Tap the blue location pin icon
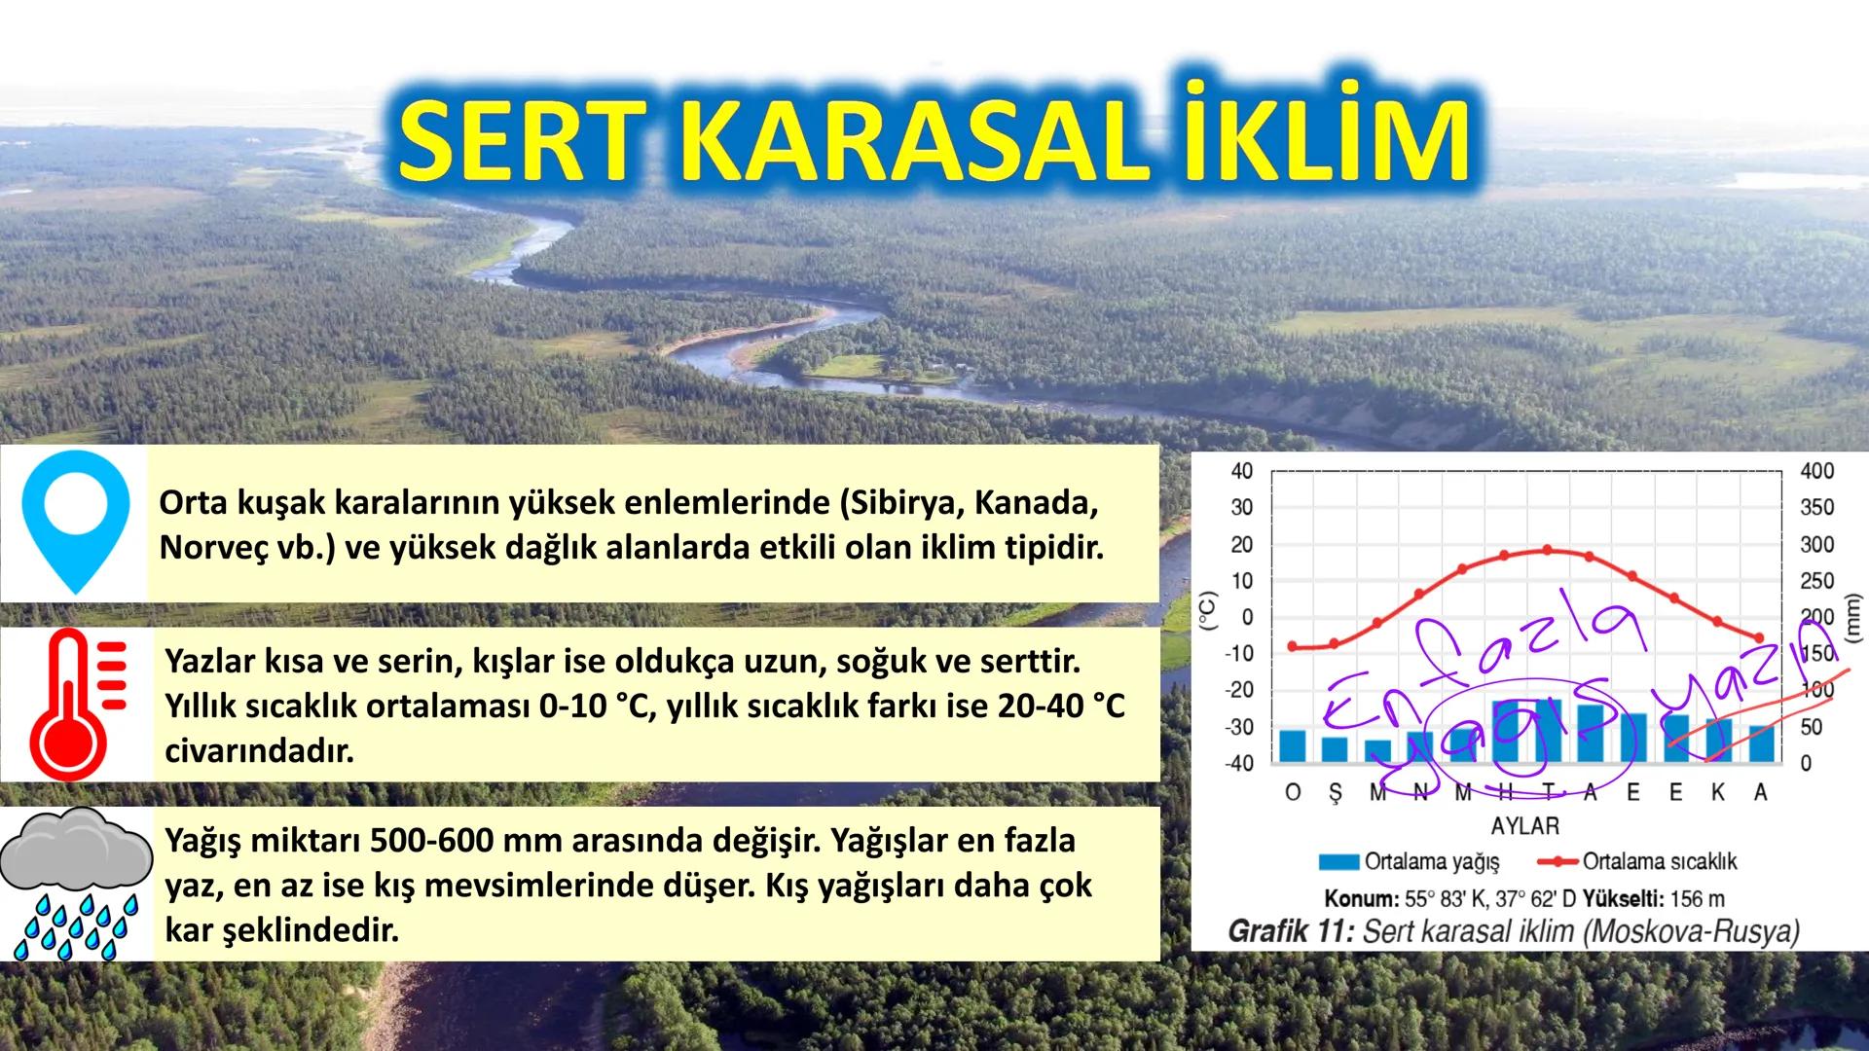tap(75, 521)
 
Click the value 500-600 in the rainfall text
tap(447, 841)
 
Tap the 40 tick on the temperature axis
tap(1241, 471)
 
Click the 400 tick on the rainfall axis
tap(1816, 471)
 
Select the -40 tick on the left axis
tap(1238, 763)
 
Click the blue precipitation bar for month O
tap(1292, 746)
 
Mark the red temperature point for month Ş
tap(1334, 643)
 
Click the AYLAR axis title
tap(1524, 826)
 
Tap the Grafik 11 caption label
tap(1290, 931)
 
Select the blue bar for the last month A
tap(1760, 744)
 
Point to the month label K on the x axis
tap(1717, 793)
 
